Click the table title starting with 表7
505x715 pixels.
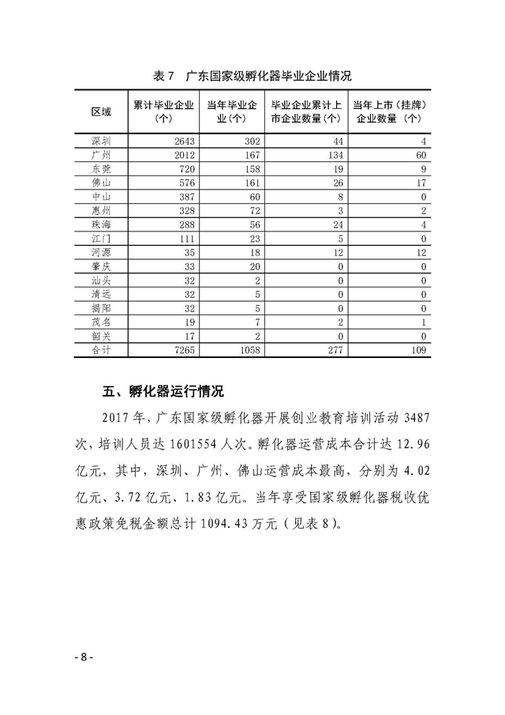coord(251,77)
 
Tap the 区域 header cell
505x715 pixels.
coord(101,111)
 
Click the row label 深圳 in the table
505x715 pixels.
coord(101,141)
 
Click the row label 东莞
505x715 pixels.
coord(101,168)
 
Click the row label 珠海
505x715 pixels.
coord(101,224)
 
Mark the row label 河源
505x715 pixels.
coord(101,251)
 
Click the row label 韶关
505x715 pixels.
coord(101,334)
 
